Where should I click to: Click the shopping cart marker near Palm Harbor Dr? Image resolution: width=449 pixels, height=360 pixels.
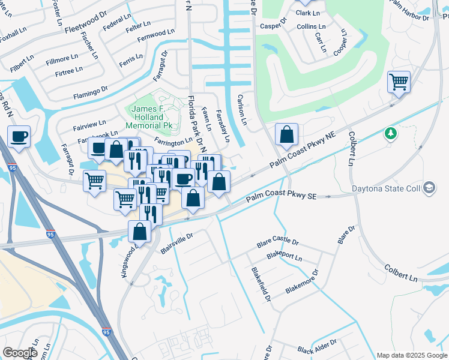pos(399,81)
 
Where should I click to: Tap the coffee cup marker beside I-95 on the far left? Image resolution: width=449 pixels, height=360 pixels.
pos(19,136)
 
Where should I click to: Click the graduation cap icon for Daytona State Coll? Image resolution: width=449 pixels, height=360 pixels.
pos(429,188)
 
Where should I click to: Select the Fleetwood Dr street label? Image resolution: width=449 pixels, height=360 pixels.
pos(85,28)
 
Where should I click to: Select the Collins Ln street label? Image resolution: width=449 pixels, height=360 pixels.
pos(311,27)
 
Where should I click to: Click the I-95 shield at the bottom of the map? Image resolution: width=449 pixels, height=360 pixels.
pos(106,331)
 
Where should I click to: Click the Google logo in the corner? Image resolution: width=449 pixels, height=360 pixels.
pos(20,353)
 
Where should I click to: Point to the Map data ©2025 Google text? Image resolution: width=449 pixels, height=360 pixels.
pos(411,355)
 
